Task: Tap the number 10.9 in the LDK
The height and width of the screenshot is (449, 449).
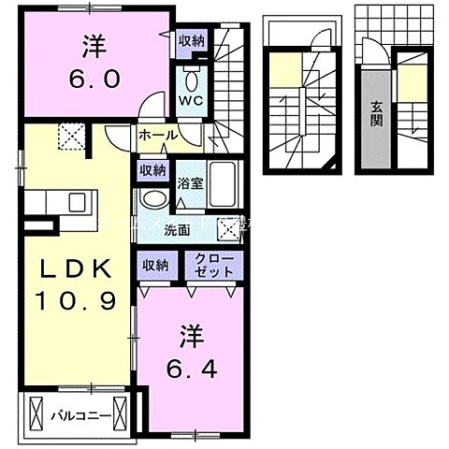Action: click(77, 301)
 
